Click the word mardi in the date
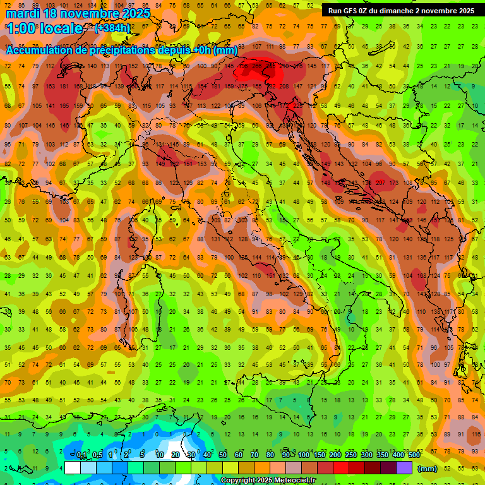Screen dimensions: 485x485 [x=23, y=13]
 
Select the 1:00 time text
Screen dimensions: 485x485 [x=19, y=29]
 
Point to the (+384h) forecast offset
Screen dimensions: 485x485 [x=112, y=28]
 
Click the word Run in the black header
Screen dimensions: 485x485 [x=335, y=11]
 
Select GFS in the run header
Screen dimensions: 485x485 [x=351, y=11]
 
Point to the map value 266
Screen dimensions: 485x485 [x=256, y=66]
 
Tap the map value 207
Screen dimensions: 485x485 [x=380, y=183]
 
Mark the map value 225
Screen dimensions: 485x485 [x=297, y=105]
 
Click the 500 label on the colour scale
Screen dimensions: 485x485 [x=414, y=455]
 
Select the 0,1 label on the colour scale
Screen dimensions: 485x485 [x=81, y=455]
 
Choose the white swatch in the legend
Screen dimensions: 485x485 [x=73, y=468]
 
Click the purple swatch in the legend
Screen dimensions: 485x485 [x=404, y=468]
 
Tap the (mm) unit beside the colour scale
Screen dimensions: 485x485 [x=428, y=469]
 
